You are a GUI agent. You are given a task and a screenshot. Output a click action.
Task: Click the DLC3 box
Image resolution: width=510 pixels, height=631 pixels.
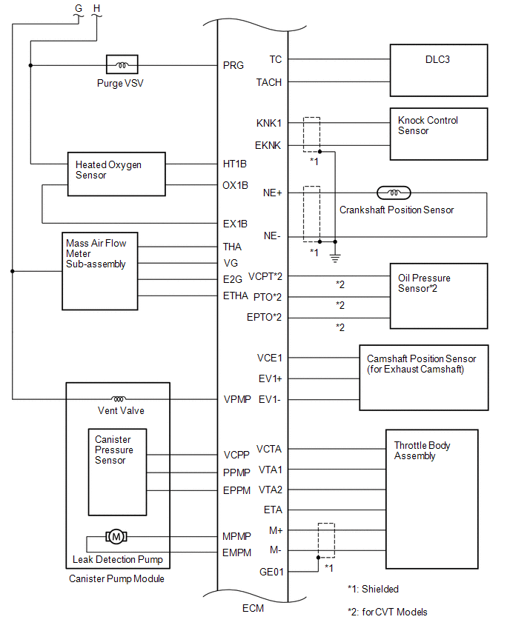pyautogui.click(x=438, y=70)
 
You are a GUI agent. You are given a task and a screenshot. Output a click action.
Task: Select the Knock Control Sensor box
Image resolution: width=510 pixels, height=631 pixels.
pyautogui.click(x=438, y=134)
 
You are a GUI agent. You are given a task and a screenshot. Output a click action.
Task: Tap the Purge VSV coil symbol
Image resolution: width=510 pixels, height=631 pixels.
pyautogui.click(x=121, y=65)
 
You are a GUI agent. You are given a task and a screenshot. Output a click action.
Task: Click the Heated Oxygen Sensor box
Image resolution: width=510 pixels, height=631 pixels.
pyautogui.click(x=116, y=175)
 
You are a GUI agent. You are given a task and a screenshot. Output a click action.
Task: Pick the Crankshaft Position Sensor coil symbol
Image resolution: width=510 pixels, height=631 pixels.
pyautogui.click(x=394, y=193)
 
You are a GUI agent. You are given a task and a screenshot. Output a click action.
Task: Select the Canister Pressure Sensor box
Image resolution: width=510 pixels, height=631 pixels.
pyautogui.click(x=117, y=472)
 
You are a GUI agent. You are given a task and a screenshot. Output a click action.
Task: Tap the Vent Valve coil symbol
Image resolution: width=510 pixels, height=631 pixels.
pyautogui.click(x=118, y=398)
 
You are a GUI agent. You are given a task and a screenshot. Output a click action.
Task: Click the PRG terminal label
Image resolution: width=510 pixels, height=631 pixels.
pyautogui.click(x=233, y=66)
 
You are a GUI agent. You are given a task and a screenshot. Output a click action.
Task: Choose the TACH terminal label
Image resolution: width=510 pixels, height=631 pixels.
pyautogui.click(x=269, y=82)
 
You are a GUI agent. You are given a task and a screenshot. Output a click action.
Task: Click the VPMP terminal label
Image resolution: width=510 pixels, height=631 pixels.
pyautogui.click(x=236, y=399)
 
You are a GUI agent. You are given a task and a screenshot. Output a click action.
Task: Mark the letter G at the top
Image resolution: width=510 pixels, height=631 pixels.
pyautogui.click(x=79, y=9)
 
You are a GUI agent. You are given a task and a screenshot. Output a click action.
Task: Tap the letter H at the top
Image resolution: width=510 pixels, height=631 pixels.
pyautogui.click(x=97, y=9)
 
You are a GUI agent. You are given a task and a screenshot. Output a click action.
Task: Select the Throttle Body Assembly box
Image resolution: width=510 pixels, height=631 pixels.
pyautogui.click(x=437, y=498)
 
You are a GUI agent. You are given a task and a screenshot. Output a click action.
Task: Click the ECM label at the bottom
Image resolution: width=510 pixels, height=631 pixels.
pyautogui.click(x=252, y=609)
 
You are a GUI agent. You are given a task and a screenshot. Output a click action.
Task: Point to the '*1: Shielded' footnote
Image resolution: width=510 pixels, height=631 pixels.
pyautogui.click(x=373, y=590)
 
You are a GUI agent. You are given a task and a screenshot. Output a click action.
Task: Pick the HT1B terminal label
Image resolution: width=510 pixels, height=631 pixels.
pyautogui.click(x=235, y=163)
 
